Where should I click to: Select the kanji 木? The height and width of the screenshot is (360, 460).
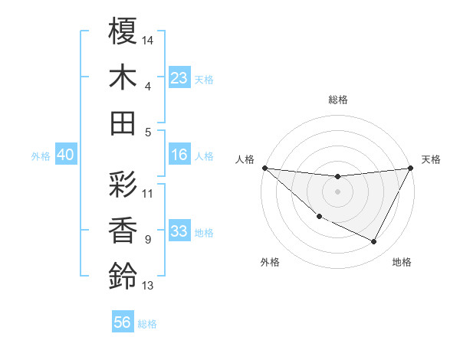123,77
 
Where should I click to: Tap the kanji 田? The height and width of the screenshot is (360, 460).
123,123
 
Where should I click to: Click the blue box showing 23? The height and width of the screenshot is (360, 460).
179,77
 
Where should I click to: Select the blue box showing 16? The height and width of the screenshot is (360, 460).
179,155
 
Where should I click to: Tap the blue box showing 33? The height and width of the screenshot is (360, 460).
179,231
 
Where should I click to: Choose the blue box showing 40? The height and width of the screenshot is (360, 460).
65,155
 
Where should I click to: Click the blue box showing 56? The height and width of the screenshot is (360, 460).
122,322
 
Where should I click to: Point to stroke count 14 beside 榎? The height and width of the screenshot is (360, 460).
148,39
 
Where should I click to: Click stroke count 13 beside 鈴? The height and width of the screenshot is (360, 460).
148,286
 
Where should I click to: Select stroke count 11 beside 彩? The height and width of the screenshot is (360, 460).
148,193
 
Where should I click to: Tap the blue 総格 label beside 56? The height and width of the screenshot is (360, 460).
147,324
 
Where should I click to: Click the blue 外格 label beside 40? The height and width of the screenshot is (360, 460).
40,156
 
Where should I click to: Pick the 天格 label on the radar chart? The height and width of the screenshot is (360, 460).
431,159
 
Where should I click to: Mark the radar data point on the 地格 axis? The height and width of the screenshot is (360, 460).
374,242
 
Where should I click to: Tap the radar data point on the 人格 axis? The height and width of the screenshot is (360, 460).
264,168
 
